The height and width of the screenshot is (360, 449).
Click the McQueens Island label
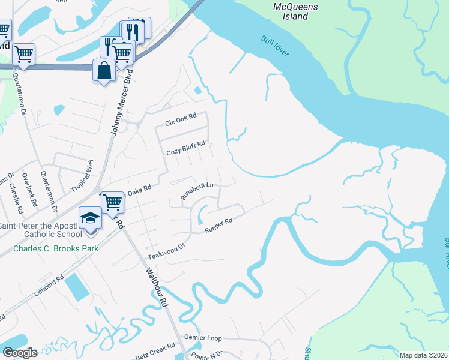(x=295, y=11)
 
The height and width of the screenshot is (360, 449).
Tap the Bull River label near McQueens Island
(x=275, y=46)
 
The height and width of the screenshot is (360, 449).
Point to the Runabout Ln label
(x=197, y=191)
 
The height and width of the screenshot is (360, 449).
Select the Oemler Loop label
(x=203, y=338)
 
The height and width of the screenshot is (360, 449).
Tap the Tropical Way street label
(x=82, y=175)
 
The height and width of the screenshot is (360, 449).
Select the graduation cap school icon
(x=90, y=217)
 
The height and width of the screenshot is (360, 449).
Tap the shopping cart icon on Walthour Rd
(x=112, y=202)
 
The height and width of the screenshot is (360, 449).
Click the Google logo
(x=20, y=353)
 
